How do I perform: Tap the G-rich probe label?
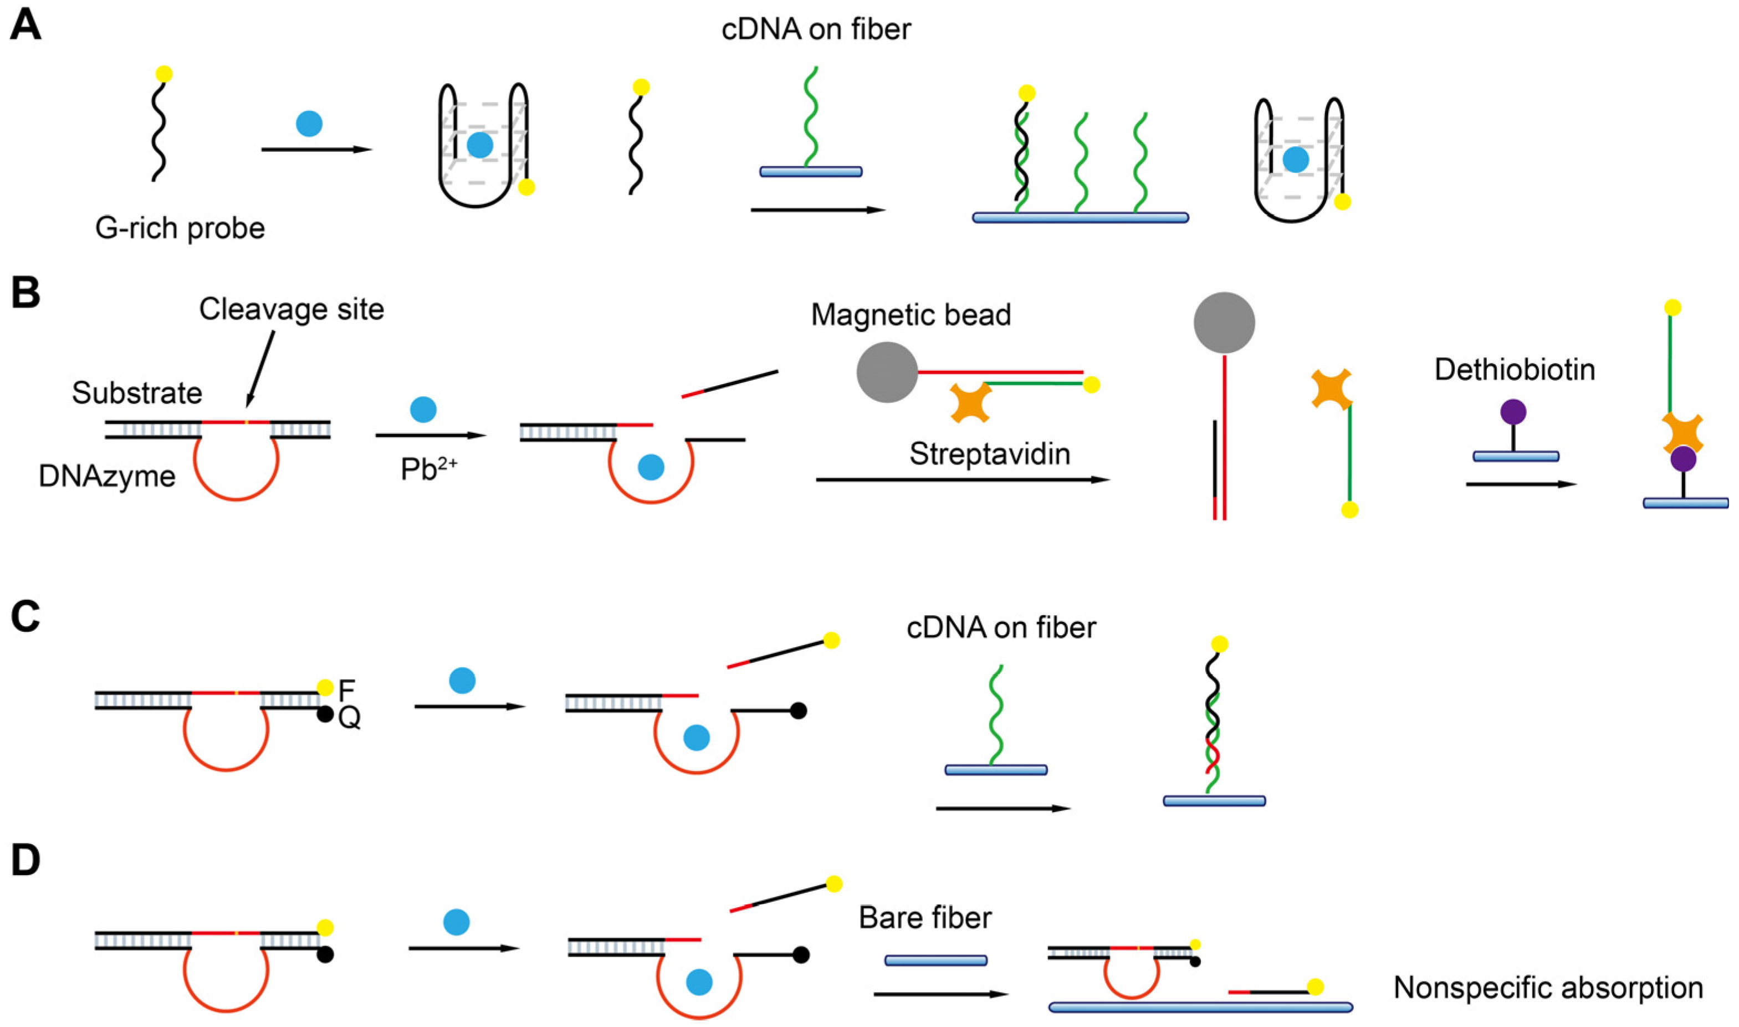180,228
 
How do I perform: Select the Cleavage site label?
291,309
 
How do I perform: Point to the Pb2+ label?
428,470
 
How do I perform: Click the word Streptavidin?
990,454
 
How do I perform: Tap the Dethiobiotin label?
1515,370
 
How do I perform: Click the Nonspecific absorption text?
1548,988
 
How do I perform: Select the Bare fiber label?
925,918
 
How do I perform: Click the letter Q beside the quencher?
350,718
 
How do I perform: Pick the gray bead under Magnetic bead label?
887,372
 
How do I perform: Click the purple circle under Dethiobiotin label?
1513,412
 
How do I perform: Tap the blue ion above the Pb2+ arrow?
423,409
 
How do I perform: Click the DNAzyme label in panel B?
108,476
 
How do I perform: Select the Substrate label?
137,393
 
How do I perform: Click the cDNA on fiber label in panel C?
1001,628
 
